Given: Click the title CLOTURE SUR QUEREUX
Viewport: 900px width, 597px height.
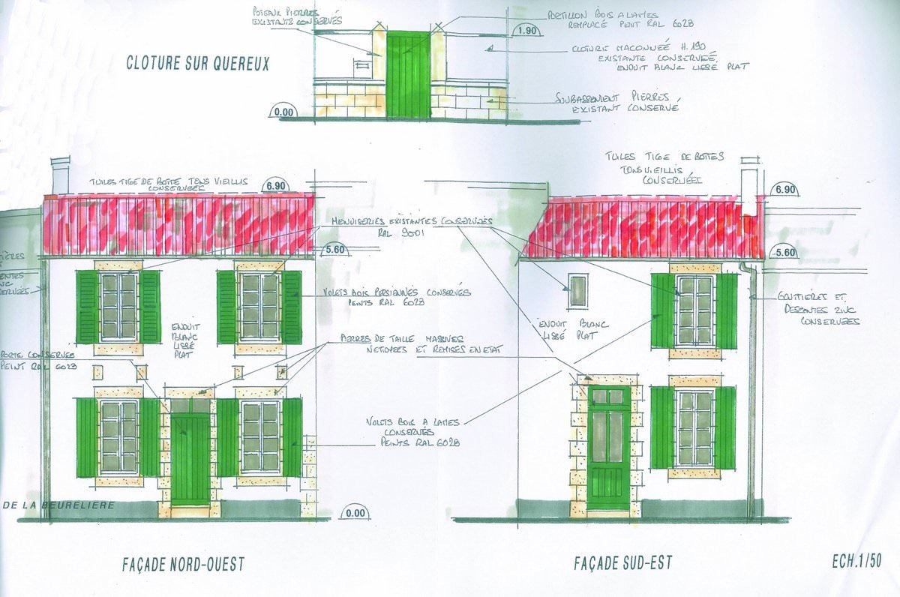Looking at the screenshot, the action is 197,64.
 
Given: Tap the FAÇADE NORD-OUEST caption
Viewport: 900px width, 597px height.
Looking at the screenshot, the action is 183,564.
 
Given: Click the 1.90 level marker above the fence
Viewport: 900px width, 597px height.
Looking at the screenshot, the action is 527,30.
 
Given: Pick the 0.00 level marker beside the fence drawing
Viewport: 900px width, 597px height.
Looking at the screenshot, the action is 283,112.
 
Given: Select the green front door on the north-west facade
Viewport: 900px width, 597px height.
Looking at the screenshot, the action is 190,459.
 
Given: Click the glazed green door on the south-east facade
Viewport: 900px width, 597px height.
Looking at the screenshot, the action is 609,448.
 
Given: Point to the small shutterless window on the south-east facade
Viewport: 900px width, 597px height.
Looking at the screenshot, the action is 577,291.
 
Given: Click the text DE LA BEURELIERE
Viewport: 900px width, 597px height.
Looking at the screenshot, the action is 58,505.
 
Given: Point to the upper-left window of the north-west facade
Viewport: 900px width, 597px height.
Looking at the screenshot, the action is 118,306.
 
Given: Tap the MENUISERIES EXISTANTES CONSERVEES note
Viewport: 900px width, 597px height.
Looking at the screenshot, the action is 412,226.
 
